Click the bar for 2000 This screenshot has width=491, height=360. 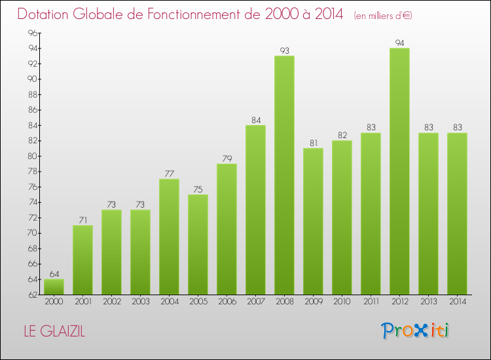click(54, 287)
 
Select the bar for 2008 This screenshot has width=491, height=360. click(284, 175)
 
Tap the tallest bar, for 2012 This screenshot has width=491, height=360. click(399, 171)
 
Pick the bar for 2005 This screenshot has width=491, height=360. click(198, 245)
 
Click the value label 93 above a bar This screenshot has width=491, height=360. click(284, 50)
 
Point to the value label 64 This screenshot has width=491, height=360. click(54, 274)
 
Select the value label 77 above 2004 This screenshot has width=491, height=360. click(169, 173)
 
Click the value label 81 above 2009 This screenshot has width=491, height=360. click(313, 143)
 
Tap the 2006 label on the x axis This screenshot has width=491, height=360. click(227, 302)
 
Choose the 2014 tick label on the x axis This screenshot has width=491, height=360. click(457, 302)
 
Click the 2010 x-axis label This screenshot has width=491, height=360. click(342, 302)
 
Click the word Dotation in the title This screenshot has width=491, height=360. click(48, 14)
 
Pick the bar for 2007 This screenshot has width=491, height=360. click(255, 210)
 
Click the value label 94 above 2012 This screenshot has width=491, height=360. click(399, 43)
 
